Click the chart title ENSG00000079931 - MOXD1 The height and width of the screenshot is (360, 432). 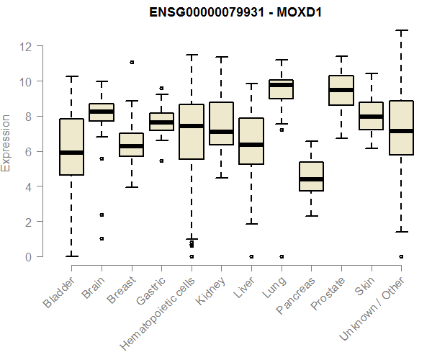[246, 12]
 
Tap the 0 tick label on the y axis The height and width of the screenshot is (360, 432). [30, 257]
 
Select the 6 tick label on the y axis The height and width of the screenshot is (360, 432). [30, 152]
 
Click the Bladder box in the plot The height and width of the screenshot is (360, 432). [71, 146]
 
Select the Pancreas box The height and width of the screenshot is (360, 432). [311, 176]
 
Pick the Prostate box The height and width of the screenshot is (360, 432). [341, 90]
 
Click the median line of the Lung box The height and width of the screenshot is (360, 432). [281, 85]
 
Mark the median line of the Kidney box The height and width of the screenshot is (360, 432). [221, 132]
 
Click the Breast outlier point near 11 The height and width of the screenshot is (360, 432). [132, 62]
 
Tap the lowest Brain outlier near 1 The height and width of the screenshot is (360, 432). [102, 238]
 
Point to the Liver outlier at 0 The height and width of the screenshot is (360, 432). [251, 256]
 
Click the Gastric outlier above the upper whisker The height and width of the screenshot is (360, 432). [161, 89]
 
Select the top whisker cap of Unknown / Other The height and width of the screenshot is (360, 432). [401, 31]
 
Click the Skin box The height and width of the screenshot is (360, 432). [371, 115]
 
